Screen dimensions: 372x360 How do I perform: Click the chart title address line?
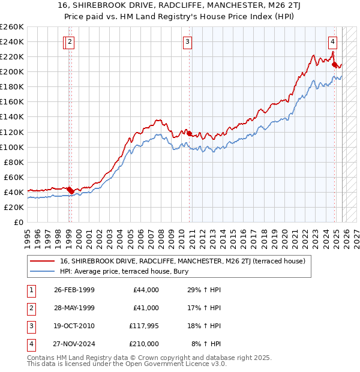tap(180, 7)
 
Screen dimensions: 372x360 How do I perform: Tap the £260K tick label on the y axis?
tap(11, 27)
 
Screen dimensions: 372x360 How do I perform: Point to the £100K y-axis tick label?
tap(11, 147)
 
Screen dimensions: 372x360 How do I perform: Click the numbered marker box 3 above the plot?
tap(188, 42)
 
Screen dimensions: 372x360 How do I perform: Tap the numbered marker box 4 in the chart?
tap(332, 42)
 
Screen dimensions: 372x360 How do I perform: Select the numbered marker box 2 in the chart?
tap(70, 42)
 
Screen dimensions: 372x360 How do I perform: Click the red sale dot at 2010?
tap(190, 133)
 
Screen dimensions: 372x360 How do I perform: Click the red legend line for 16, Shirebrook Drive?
tap(43, 261)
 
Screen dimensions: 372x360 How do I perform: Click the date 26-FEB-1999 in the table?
tap(74, 290)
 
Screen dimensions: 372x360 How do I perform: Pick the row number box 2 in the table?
tap(31, 308)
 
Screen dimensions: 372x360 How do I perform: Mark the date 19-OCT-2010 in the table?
tap(74, 326)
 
